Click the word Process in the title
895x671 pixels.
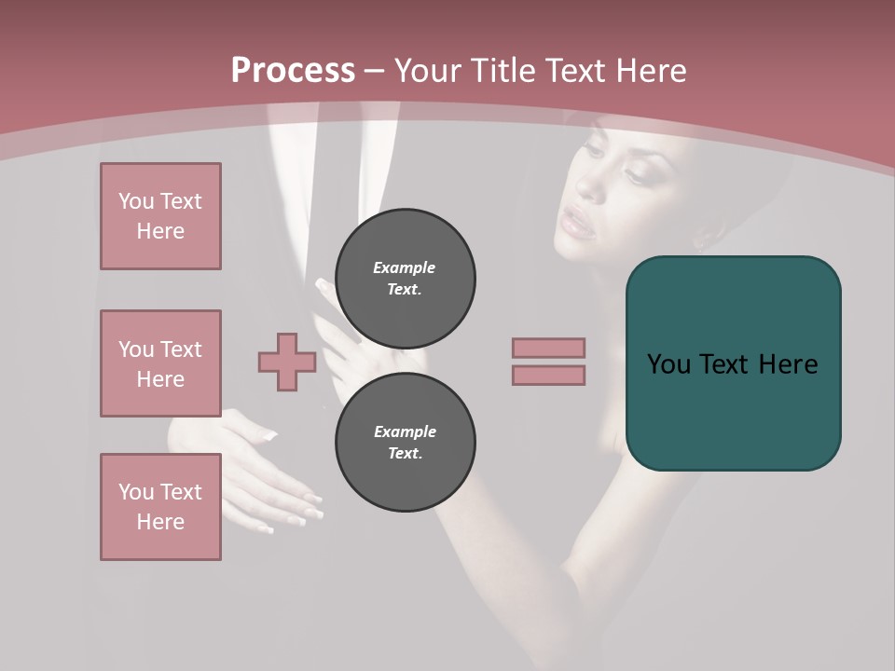(293, 71)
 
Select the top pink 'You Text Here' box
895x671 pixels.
(160, 216)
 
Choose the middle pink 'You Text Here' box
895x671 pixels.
(160, 363)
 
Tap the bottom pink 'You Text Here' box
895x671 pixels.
(160, 507)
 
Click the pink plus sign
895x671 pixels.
(287, 362)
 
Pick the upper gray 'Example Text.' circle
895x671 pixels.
(405, 278)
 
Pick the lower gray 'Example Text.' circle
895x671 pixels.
(405, 442)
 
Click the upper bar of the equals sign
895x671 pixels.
(548, 348)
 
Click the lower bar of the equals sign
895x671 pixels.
(548, 375)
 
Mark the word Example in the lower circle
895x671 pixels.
(405, 431)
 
